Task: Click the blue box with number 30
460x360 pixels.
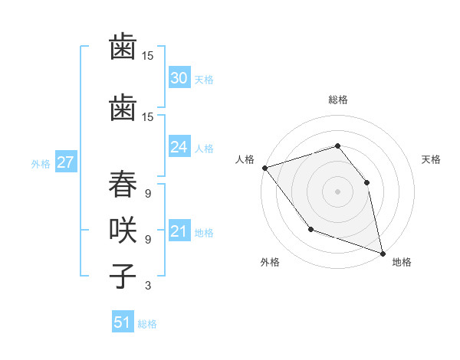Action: pyautogui.click(x=179, y=78)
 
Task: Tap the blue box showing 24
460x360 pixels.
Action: pyautogui.click(x=179, y=147)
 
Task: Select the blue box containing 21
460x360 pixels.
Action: pyautogui.click(x=179, y=231)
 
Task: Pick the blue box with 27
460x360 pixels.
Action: pyautogui.click(x=65, y=162)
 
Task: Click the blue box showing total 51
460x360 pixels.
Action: pyautogui.click(x=123, y=322)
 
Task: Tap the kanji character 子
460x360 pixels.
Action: pyautogui.click(x=123, y=273)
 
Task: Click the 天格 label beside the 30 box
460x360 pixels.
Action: pyautogui.click(x=203, y=80)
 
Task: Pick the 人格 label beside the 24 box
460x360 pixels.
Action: pyautogui.click(x=203, y=149)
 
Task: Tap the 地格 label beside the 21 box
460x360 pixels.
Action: pyautogui.click(x=203, y=233)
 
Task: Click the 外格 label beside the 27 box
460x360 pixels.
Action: pyautogui.click(x=41, y=163)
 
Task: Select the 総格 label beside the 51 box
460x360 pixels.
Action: pyautogui.click(x=147, y=324)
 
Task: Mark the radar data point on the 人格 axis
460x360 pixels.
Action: pyautogui.click(x=264, y=167)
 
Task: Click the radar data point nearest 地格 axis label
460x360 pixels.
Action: pyautogui.click(x=381, y=252)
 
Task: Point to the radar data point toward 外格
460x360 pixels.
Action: pyautogui.click(x=310, y=228)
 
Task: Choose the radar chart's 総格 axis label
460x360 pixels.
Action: pyautogui.click(x=337, y=100)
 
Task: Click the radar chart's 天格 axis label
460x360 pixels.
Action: pyautogui.click(x=432, y=159)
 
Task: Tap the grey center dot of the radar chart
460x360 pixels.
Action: pyautogui.click(x=337, y=191)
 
